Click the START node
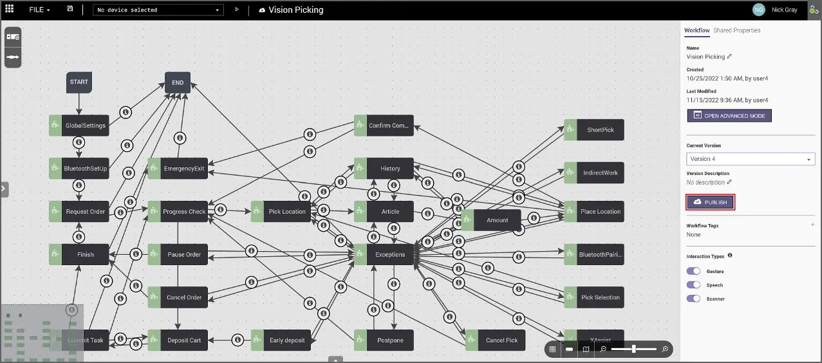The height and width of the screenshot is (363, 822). (79, 82)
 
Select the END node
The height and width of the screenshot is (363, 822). (178, 82)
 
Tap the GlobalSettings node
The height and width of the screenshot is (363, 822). (79, 126)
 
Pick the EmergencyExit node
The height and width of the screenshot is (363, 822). (178, 169)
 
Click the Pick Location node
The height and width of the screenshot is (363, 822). (281, 211)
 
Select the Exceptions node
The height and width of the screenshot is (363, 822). (384, 254)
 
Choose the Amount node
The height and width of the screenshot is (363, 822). (491, 220)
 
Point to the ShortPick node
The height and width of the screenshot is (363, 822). (594, 129)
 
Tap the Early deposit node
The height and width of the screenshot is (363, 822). (281, 340)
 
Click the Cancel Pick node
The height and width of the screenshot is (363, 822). (496, 340)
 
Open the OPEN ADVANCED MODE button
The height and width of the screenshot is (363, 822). (729, 116)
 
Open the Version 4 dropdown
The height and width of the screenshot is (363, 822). (751, 159)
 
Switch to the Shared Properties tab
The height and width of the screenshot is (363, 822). (736, 30)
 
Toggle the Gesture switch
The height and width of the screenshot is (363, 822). (693, 271)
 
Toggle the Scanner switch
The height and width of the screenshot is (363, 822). (693, 299)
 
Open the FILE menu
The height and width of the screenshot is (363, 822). (39, 10)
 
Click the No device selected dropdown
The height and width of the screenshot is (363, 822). (158, 10)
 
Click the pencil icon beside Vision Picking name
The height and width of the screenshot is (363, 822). (729, 57)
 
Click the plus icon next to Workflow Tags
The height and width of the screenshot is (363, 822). (812, 224)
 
